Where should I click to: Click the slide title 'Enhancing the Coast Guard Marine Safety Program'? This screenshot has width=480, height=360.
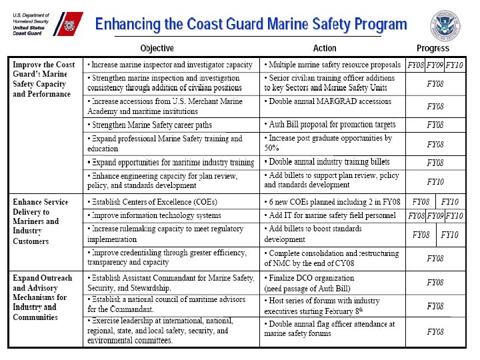coord(251,25)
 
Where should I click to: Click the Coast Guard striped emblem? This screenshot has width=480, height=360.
coord(69,25)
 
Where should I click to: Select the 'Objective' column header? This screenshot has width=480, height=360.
coord(157,48)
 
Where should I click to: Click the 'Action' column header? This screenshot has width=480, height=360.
coord(325,48)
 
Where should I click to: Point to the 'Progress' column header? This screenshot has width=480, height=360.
coord(433,48)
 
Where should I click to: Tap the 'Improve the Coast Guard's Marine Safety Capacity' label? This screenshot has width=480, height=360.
coord(41,79)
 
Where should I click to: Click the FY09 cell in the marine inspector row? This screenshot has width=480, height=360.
coord(435,65)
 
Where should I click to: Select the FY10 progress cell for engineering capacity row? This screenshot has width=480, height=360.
coord(435,181)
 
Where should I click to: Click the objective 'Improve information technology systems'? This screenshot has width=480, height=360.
coord(154,215)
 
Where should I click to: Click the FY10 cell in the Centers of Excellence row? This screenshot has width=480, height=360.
coord(450,202)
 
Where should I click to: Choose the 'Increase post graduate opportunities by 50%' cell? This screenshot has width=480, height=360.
coord(329,143)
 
